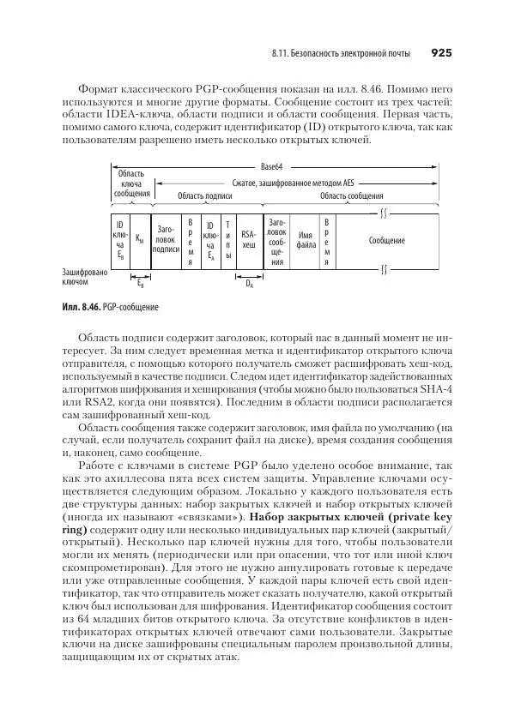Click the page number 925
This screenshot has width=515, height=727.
coord(440,53)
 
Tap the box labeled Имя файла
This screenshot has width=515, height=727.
coord(306,239)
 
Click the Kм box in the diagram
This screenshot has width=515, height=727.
coord(140,241)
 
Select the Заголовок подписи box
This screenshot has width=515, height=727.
coord(167,239)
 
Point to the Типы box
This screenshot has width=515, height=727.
coord(227,239)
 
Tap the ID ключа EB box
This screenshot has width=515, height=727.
coord(120,240)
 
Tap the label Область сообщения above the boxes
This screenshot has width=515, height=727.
coord(345,195)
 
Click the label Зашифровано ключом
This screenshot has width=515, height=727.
coord(84,277)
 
